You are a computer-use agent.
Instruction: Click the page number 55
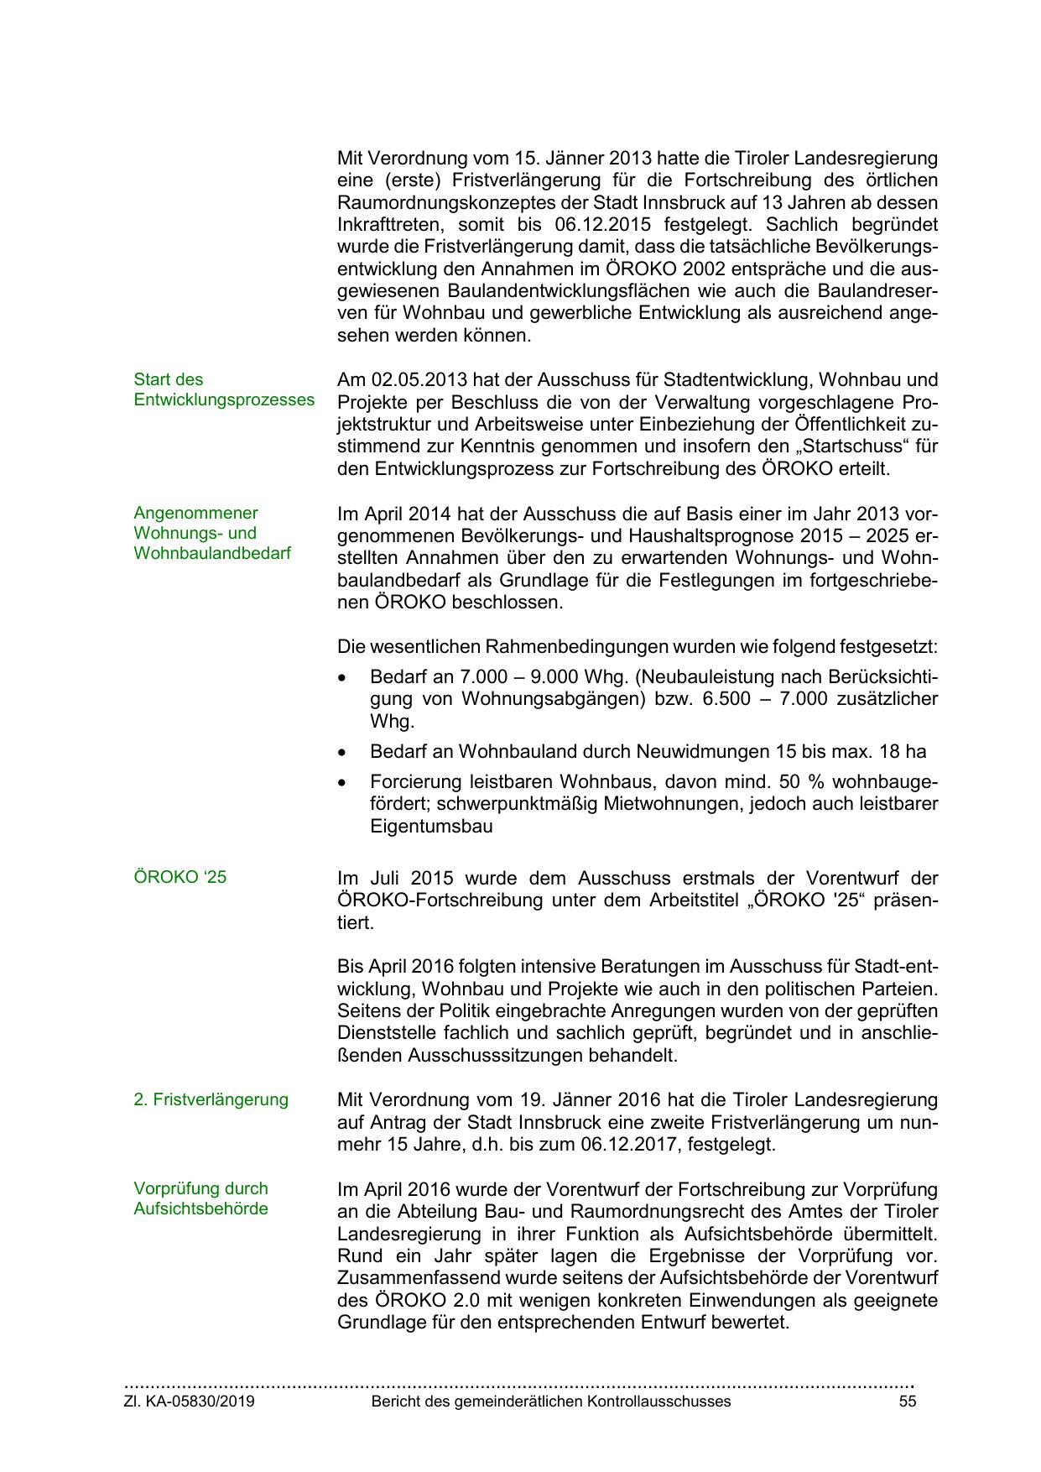pyautogui.click(x=907, y=1402)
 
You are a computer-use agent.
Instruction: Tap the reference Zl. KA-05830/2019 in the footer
pyautogui.click(x=190, y=1402)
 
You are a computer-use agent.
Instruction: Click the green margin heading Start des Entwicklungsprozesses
pyautogui.click(x=224, y=389)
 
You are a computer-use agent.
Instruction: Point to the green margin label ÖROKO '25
pyautogui.click(x=180, y=877)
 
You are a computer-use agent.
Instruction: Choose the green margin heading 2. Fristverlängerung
pyautogui.click(x=211, y=1099)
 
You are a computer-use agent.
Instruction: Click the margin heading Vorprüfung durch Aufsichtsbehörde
pyautogui.click(x=200, y=1198)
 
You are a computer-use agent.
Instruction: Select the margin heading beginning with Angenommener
pyautogui.click(x=212, y=533)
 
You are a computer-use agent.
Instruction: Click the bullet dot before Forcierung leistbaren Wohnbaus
pyautogui.click(x=341, y=782)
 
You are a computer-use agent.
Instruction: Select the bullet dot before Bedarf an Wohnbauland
pyautogui.click(x=341, y=752)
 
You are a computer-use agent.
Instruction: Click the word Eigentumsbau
pyautogui.click(x=431, y=827)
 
